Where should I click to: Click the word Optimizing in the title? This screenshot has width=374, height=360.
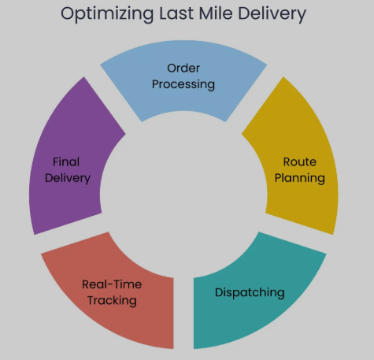[x=107, y=14]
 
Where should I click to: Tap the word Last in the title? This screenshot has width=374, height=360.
[x=176, y=13]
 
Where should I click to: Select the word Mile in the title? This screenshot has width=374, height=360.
[x=216, y=13]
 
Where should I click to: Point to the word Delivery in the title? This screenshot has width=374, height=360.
[x=272, y=14]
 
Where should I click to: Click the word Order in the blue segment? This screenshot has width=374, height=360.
[x=183, y=69]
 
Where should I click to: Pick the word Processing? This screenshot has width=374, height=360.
[x=183, y=85]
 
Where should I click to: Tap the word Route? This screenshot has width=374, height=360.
[x=300, y=162]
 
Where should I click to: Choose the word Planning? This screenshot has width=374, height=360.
[x=300, y=179]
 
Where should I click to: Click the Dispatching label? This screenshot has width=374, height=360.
[x=250, y=293]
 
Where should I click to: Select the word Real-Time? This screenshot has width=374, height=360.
[x=112, y=284]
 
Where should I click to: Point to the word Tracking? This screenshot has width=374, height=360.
[x=112, y=301]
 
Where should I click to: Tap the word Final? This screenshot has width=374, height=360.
[x=66, y=161]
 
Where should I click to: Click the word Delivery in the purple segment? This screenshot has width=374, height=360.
[x=68, y=179]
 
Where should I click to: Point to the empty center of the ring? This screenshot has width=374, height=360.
[x=183, y=195]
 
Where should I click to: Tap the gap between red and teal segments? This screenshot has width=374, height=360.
[x=183, y=314]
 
